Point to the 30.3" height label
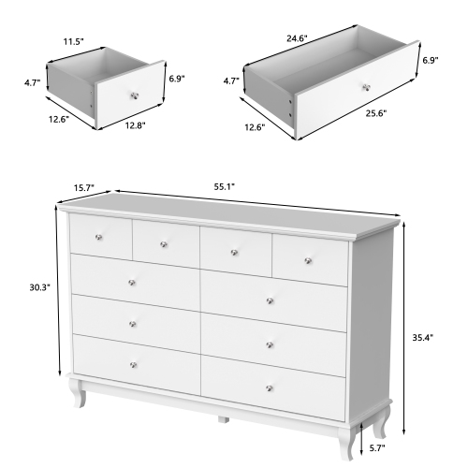40,289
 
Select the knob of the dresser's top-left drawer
101,235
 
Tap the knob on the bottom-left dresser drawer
134,364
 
